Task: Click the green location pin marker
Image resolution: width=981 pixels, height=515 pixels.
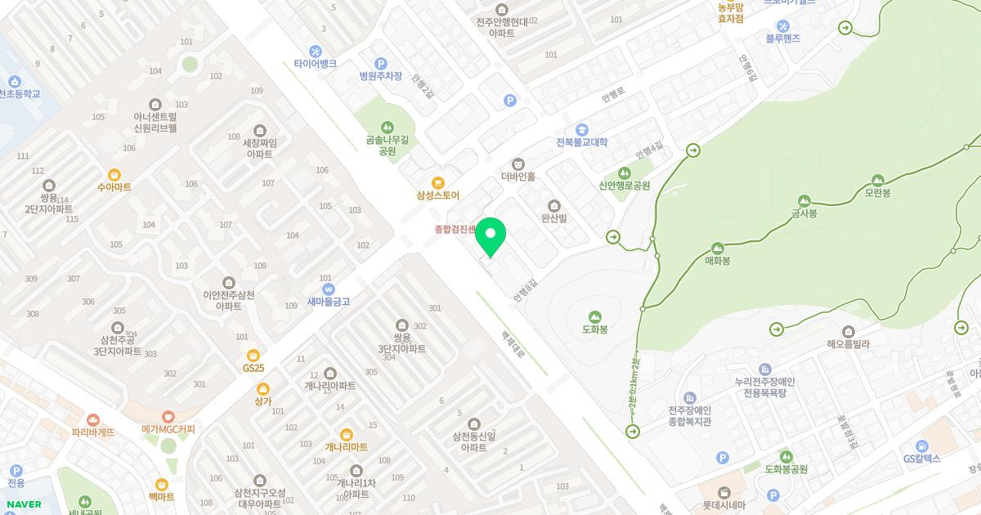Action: click(490, 237)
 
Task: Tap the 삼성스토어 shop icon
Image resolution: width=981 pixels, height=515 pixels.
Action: click(438, 182)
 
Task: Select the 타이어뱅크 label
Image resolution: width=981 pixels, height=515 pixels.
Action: click(316, 64)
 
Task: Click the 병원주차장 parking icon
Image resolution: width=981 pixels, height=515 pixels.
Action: click(380, 63)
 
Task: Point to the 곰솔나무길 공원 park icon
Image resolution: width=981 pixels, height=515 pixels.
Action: click(387, 127)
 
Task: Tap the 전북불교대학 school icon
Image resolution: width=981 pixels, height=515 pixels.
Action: click(582, 129)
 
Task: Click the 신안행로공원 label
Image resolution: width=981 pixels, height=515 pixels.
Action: click(624, 186)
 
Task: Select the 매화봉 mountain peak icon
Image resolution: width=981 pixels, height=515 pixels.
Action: click(718, 248)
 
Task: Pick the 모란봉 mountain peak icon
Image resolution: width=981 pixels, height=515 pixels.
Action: click(877, 180)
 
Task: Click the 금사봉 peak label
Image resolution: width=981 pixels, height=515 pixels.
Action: click(804, 213)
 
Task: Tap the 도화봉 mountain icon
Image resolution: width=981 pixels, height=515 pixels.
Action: click(594, 316)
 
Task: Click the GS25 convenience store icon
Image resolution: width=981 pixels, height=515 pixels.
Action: click(253, 355)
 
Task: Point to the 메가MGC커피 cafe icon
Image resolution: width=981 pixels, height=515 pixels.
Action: click(168, 416)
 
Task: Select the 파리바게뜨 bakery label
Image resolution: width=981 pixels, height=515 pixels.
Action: click(93, 432)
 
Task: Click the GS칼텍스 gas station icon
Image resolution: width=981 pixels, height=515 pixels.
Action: click(922, 446)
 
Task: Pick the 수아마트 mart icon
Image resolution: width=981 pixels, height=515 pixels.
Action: click(114, 174)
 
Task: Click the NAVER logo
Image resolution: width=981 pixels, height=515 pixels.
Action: click(24, 504)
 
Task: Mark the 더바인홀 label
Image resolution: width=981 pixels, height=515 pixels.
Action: click(517, 177)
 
